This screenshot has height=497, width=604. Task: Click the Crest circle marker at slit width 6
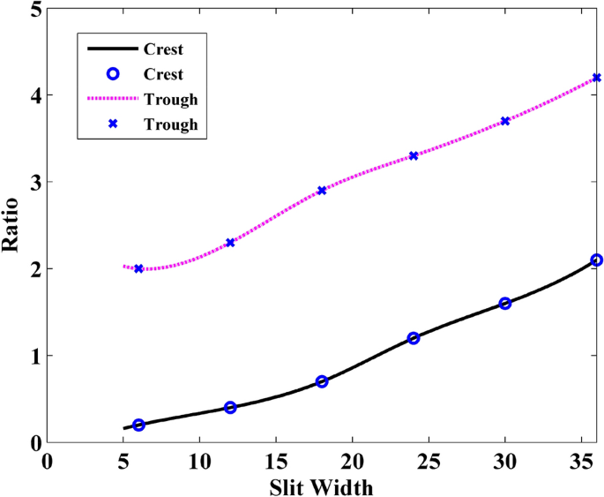click(138, 425)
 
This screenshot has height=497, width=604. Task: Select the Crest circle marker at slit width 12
click(230, 408)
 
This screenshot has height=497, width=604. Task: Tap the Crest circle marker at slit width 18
click(322, 381)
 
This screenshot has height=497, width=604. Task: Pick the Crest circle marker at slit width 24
click(414, 338)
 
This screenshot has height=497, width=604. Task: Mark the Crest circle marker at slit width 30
click(505, 303)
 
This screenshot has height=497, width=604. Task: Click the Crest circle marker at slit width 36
click(597, 260)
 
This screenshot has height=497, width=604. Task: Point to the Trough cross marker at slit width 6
click(138, 268)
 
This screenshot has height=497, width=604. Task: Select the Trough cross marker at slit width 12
click(230, 242)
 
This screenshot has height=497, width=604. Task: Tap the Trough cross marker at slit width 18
click(322, 190)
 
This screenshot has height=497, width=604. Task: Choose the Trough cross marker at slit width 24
click(414, 155)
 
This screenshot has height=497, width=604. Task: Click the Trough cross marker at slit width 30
click(505, 121)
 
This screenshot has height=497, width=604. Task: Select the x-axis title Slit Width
click(321, 485)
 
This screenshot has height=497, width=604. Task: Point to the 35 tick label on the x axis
click(581, 462)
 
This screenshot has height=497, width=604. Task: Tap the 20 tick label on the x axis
click(352, 462)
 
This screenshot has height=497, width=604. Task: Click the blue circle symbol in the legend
click(113, 74)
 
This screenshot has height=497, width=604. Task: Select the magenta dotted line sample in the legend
click(113, 99)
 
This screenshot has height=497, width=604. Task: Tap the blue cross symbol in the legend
click(113, 124)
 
